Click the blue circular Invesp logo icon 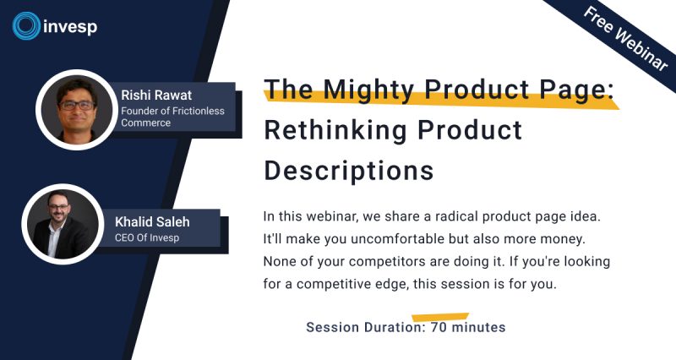click(x=26, y=26)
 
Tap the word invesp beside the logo click(x=70, y=27)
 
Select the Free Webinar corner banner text click(x=625, y=38)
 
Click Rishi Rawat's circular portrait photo click(x=76, y=110)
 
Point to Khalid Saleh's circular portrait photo click(x=63, y=224)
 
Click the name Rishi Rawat click(x=156, y=95)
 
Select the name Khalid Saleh click(x=152, y=221)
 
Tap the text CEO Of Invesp click(x=146, y=237)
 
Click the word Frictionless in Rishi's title click(x=199, y=111)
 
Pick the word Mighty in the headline click(x=368, y=90)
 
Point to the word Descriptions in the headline click(x=349, y=172)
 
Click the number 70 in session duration click(x=439, y=327)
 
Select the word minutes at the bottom click(x=478, y=327)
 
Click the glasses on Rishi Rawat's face click(x=77, y=105)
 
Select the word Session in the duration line click(x=333, y=327)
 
